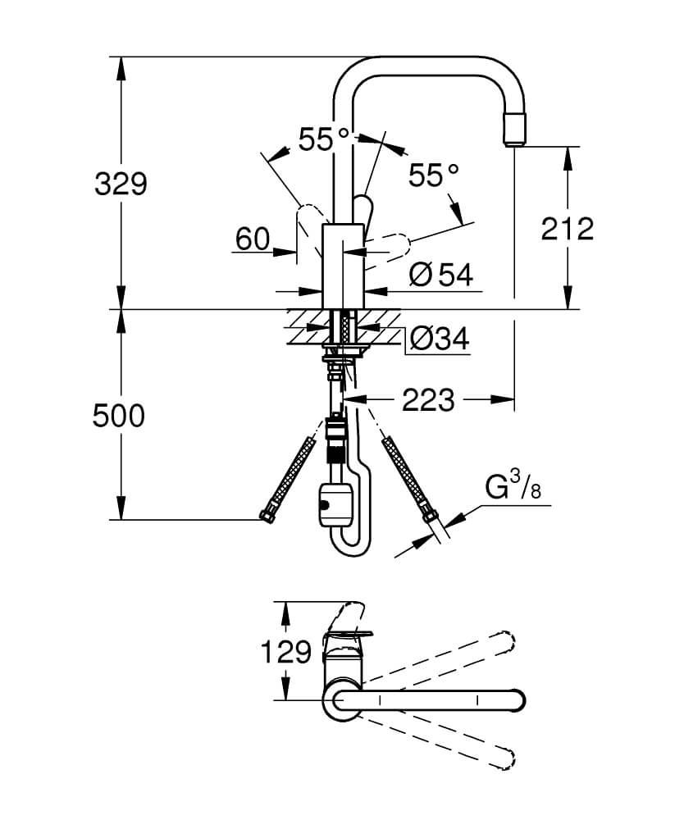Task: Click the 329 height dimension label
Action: tap(120, 184)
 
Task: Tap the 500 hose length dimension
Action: tap(118, 416)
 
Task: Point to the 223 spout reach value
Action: tap(427, 400)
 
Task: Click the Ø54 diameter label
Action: tap(440, 276)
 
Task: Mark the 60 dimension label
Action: tap(252, 239)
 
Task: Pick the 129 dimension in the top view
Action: tap(286, 652)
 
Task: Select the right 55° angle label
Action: tap(434, 175)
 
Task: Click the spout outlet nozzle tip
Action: tap(514, 131)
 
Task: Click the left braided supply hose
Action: tap(293, 476)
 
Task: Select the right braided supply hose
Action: tap(405, 476)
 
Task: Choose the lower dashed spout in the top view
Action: tap(443, 738)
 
